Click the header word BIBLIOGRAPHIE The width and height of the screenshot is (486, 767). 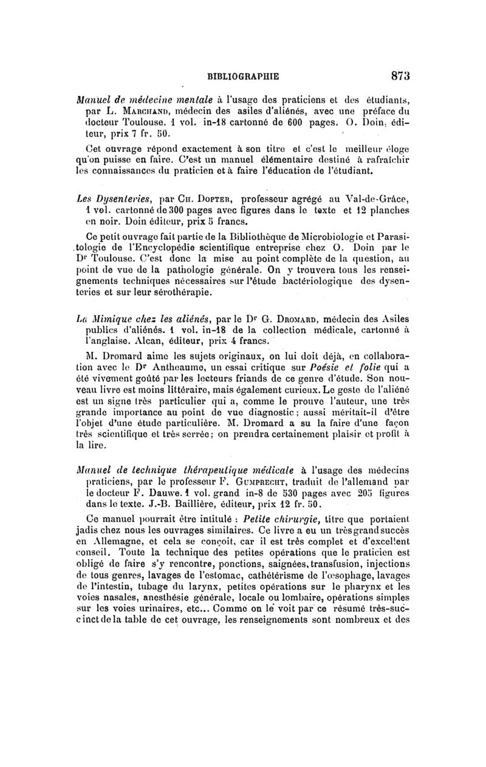[x=242, y=77]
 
